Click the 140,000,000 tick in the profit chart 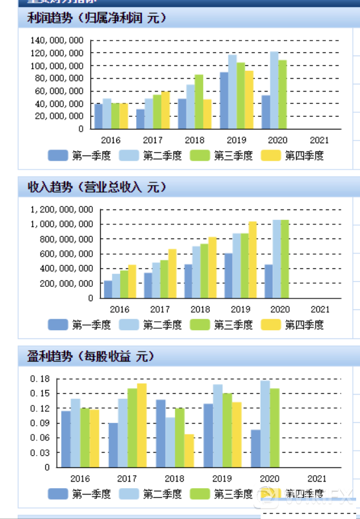click(x=57, y=41)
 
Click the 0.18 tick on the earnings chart click(x=39, y=378)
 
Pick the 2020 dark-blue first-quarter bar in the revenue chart click(x=268, y=281)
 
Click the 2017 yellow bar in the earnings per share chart click(x=141, y=425)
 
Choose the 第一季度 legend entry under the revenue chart click(x=82, y=324)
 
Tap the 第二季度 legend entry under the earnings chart click(x=153, y=494)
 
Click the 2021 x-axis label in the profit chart click(x=319, y=140)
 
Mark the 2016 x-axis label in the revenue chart click(x=120, y=309)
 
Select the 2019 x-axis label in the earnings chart click(x=222, y=478)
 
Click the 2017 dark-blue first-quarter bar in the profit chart click(x=141, y=119)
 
